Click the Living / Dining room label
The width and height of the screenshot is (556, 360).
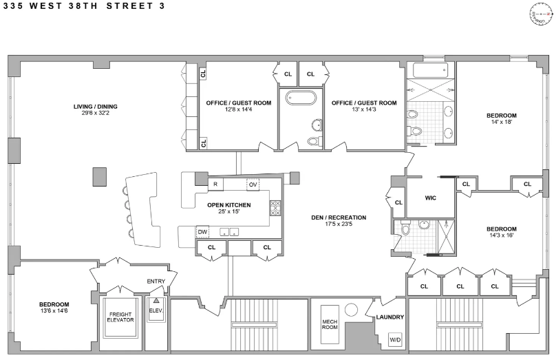(96, 107)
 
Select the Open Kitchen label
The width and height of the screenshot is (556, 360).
(229, 205)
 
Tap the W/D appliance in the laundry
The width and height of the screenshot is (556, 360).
(395, 339)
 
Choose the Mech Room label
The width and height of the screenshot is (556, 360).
(330, 324)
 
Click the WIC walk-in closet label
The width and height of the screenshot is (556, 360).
(430, 198)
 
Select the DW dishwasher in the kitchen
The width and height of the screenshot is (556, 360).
(202, 231)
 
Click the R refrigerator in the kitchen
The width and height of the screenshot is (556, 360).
(215, 184)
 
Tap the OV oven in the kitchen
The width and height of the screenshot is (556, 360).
(253, 184)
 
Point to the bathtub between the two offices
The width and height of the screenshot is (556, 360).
(300, 98)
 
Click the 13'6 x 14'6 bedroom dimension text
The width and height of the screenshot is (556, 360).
(54, 311)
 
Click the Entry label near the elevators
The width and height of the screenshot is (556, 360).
(156, 281)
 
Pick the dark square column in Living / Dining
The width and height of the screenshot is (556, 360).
(100, 176)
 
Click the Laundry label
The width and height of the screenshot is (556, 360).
(389, 317)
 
